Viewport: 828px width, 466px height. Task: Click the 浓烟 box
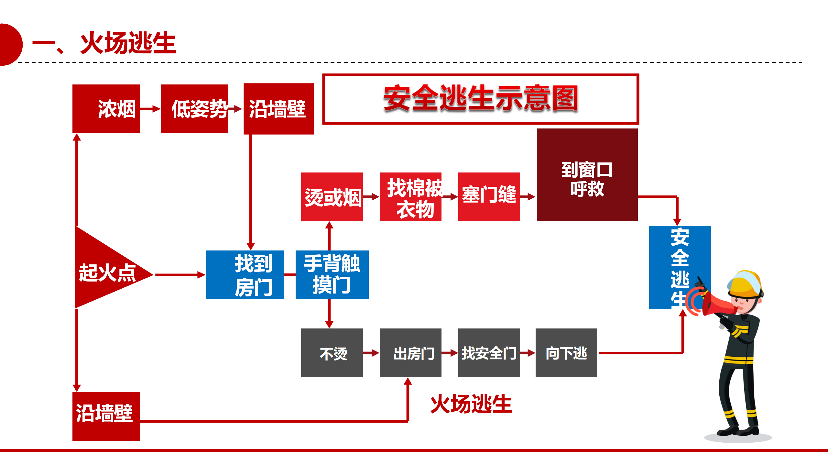pyautogui.click(x=106, y=109)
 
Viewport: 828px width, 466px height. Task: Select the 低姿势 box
pyautogui.click(x=194, y=109)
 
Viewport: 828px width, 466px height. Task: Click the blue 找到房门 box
pyautogui.click(x=245, y=275)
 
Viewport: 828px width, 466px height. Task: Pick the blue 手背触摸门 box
pyautogui.click(x=332, y=275)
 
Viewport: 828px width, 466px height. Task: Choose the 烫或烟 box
pyautogui.click(x=332, y=197)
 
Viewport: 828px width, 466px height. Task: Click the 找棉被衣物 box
pyautogui.click(x=410, y=197)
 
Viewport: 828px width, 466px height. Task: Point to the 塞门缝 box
pyautogui.click(x=489, y=197)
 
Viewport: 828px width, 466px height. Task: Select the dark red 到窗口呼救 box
pyautogui.click(x=587, y=175)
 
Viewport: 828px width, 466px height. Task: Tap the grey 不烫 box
pyautogui.click(x=332, y=353)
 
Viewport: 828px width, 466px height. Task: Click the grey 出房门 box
pyautogui.click(x=410, y=353)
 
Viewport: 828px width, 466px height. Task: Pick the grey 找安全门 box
pyautogui.click(x=489, y=353)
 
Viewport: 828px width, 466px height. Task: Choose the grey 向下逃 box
pyautogui.click(x=566, y=353)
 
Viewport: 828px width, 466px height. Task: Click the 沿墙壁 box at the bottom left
pyautogui.click(x=106, y=416)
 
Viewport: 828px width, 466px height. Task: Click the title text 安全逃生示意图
pyautogui.click(x=480, y=99)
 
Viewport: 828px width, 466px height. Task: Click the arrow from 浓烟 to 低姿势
pyautogui.click(x=150, y=109)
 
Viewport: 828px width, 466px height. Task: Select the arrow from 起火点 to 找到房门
pyautogui.click(x=180, y=275)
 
